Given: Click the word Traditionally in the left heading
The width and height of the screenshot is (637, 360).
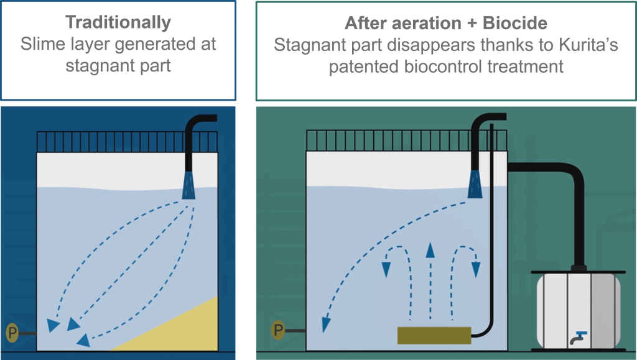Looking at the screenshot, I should coord(118,23).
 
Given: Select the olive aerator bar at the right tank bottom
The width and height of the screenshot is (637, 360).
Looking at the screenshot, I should coord(434,335).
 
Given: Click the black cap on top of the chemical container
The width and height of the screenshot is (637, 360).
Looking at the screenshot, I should coord(579,269).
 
